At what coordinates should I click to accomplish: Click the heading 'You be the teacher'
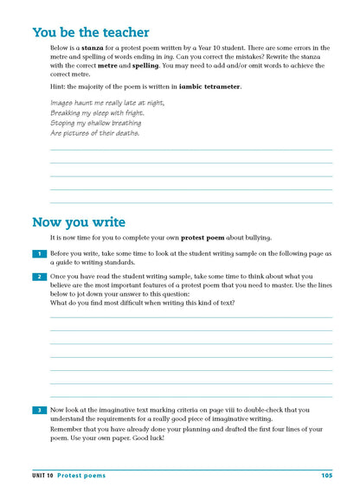[x=90, y=33]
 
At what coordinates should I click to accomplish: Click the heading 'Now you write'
[x=79, y=222]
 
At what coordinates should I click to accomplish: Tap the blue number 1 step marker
[x=39, y=253]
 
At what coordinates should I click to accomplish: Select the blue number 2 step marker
[x=39, y=277]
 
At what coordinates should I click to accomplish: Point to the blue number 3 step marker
[x=39, y=410]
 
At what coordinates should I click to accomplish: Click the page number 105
[x=326, y=475]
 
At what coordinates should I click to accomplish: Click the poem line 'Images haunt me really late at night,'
[x=107, y=103]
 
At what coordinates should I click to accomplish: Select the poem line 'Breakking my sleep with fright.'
[x=97, y=113]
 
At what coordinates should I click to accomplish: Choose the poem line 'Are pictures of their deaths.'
[x=94, y=134]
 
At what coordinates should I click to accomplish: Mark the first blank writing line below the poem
[x=190, y=150]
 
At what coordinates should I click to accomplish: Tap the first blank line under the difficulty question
[x=190, y=317]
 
